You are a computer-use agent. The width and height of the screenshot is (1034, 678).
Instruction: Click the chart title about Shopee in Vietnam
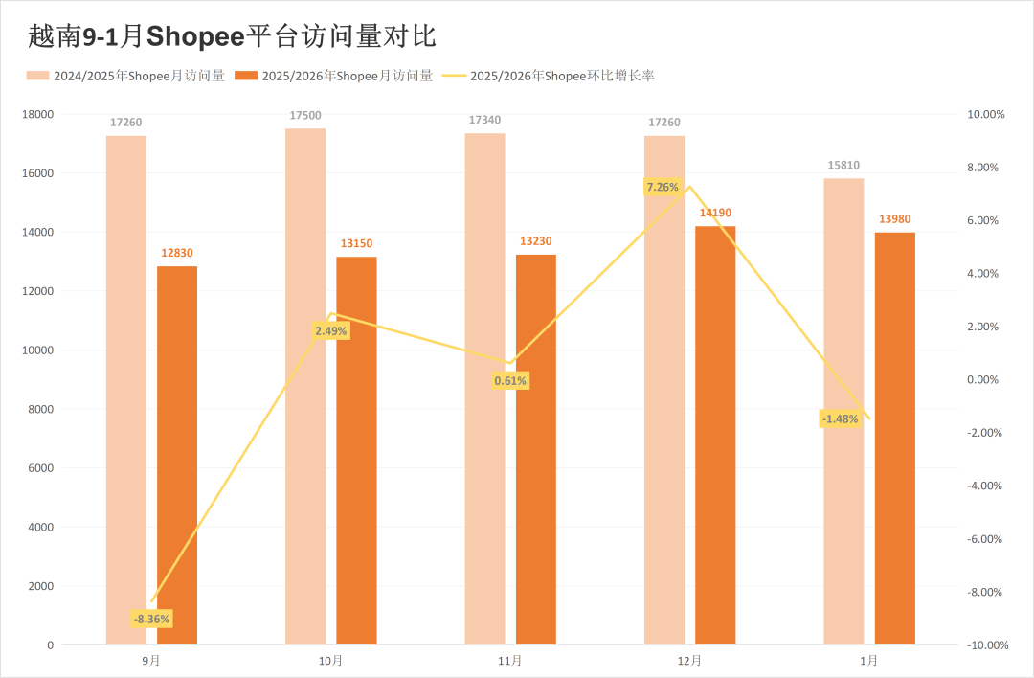tap(233, 36)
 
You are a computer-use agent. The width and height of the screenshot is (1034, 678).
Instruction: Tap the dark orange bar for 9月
tap(177, 455)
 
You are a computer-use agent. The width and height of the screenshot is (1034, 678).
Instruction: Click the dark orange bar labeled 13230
tap(536, 449)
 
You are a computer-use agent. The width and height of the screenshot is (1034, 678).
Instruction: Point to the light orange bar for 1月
tap(843, 411)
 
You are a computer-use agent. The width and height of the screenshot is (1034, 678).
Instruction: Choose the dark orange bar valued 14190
tap(715, 435)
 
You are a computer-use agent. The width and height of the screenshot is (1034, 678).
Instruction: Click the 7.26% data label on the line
tap(663, 188)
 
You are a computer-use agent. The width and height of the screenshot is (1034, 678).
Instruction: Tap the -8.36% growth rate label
tap(151, 619)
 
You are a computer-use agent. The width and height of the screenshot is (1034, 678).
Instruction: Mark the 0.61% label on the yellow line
tap(510, 381)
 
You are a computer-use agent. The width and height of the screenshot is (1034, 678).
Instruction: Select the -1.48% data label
tap(840, 418)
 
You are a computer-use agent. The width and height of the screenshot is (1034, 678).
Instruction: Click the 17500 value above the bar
tap(305, 116)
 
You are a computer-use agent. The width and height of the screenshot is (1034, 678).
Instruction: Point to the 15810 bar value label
tap(843, 166)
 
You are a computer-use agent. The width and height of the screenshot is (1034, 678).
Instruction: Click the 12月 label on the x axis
tap(689, 661)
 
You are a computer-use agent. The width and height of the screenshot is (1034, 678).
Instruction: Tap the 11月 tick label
tap(510, 661)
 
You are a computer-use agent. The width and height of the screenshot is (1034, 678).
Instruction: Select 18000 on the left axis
tap(38, 114)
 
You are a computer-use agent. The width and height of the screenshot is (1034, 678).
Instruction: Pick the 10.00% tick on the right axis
tap(987, 114)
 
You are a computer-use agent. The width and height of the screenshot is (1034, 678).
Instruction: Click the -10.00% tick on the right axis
tap(987, 645)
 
